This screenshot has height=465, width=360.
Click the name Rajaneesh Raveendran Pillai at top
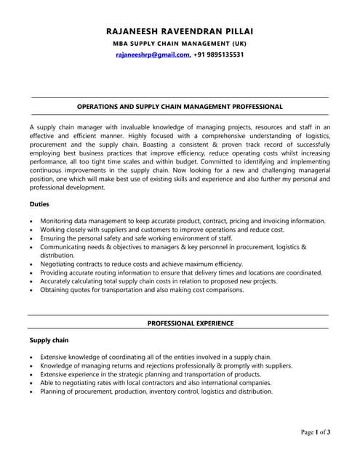(x=180, y=31)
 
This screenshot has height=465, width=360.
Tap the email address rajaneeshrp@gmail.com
(x=153, y=54)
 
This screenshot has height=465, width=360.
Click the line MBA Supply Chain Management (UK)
(x=180, y=44)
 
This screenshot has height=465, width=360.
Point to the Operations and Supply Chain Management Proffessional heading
(x=180, y=106)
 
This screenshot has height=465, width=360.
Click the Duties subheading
(x=40, y=204)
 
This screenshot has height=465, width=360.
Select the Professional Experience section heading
(x=191, y=323)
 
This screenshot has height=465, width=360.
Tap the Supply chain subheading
(x=49, y=340)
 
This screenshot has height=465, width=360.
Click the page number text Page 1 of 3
(x=316, y=432)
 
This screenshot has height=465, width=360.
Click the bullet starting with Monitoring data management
(x=182, y=221)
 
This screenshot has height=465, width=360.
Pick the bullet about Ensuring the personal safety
(x=136, y=238)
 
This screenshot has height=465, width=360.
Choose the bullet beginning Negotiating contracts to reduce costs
(x=141, y=264)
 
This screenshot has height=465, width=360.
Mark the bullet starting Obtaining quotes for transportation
(x=142, y=290)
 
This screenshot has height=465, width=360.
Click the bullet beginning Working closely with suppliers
(x=161, y=230)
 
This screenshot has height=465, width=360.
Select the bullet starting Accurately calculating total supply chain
(x=158, y=281)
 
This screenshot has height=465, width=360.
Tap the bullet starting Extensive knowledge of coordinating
(x=155, y=357)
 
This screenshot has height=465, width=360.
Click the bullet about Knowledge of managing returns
(x=166, y=365)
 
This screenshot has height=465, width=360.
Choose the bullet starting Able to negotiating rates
(x=155, y=382)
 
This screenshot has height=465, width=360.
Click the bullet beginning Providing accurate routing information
(x=180, y=272)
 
